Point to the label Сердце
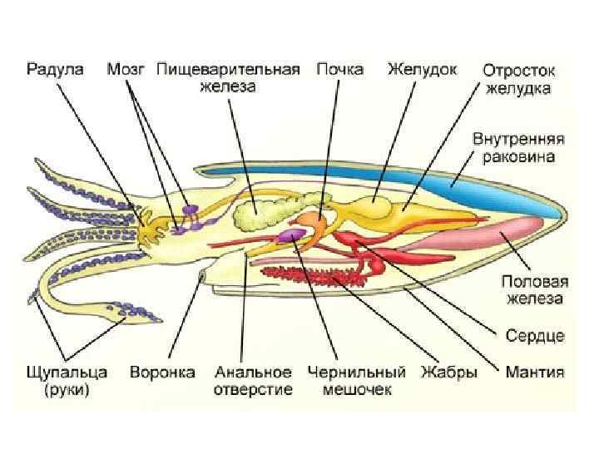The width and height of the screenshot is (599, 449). coord(536,335)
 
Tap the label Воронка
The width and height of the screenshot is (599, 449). coord(162,373)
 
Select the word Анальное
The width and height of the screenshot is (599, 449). coord(253,373)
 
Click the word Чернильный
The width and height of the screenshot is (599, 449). coord(357,373)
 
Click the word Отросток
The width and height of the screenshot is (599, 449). coord(520,70)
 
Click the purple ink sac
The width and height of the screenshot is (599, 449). coord(292,236)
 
